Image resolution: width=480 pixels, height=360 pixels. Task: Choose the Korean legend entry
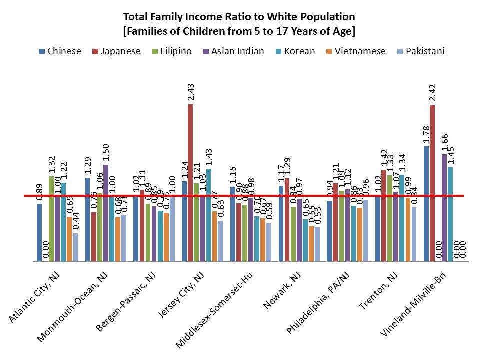point(297,51)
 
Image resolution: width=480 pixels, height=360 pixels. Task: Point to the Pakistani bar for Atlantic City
point(76,247)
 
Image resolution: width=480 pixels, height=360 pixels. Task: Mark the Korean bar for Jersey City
point(208,215)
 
